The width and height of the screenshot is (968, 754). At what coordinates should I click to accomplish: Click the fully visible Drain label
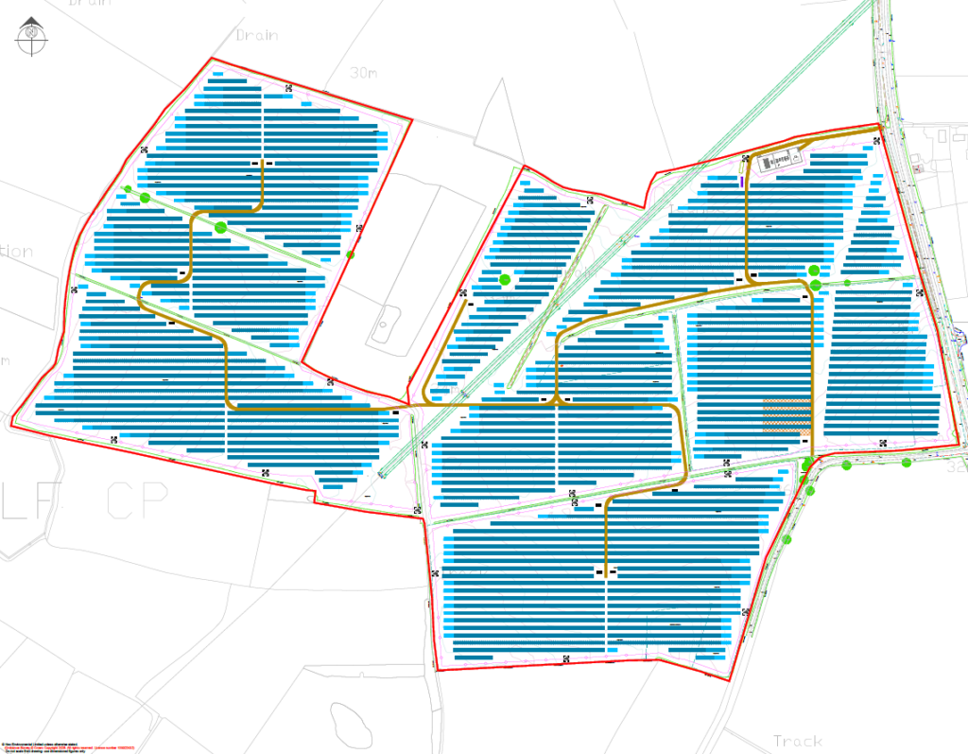256,35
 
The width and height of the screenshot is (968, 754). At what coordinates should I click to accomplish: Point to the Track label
797,740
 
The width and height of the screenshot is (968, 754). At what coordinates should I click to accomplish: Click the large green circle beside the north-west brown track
220,227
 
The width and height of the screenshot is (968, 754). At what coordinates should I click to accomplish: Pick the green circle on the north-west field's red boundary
351,254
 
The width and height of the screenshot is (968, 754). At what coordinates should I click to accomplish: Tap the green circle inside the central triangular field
505,279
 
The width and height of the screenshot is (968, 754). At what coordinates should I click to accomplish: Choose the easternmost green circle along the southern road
907,463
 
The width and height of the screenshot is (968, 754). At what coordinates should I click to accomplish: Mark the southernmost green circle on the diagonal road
786,539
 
